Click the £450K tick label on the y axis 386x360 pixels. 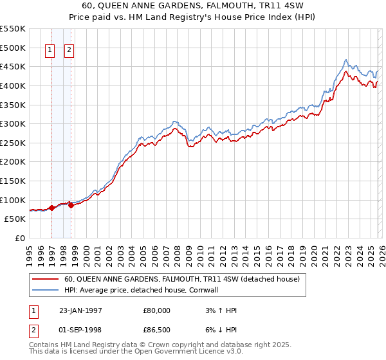click(14, 66)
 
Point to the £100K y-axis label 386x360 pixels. click(14, 200)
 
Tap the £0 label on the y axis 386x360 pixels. click(21, 238)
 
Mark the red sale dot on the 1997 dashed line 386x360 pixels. click(51, 208)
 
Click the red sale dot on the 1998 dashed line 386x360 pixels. click(71, 205)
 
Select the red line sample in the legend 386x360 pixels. click(44, 280)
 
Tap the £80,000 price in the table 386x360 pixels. click(157, 310)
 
